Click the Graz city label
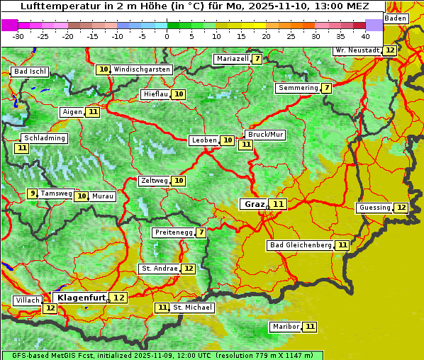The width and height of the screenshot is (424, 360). click(x=254, y=204)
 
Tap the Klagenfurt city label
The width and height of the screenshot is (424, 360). click(x=82, y=298)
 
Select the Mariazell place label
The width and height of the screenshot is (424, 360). click(x=232, y=59)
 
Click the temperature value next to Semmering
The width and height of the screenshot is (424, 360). click(x=326, y=88)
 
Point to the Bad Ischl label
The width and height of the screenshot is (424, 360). click(x=29, y=72)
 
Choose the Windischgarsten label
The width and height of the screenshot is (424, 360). click(x=142, y=69)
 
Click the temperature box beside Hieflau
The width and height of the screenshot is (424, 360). click(x=179, y=94)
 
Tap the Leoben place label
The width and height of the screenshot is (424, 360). click(x=203, y=140)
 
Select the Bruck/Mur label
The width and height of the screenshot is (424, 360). click(x=265, y=135)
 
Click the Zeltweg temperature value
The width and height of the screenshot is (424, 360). click(x=179, y=181)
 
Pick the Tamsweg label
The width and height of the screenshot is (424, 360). click(x=56, y=193)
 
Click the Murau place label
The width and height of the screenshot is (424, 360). click(x=103, y=196)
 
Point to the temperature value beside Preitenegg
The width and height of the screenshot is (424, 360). click(x=201, y=232)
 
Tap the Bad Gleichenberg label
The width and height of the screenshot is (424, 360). click(x=300, y=245)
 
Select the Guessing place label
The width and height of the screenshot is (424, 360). click(x=374, y=208)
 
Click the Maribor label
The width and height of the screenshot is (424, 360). click(x=285, y=327)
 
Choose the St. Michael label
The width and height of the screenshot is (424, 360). click(x=192, y=308)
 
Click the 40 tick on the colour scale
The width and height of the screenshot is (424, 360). click(x=364, y=35)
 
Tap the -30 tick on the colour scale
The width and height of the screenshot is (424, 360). click(x=18, y=35)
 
